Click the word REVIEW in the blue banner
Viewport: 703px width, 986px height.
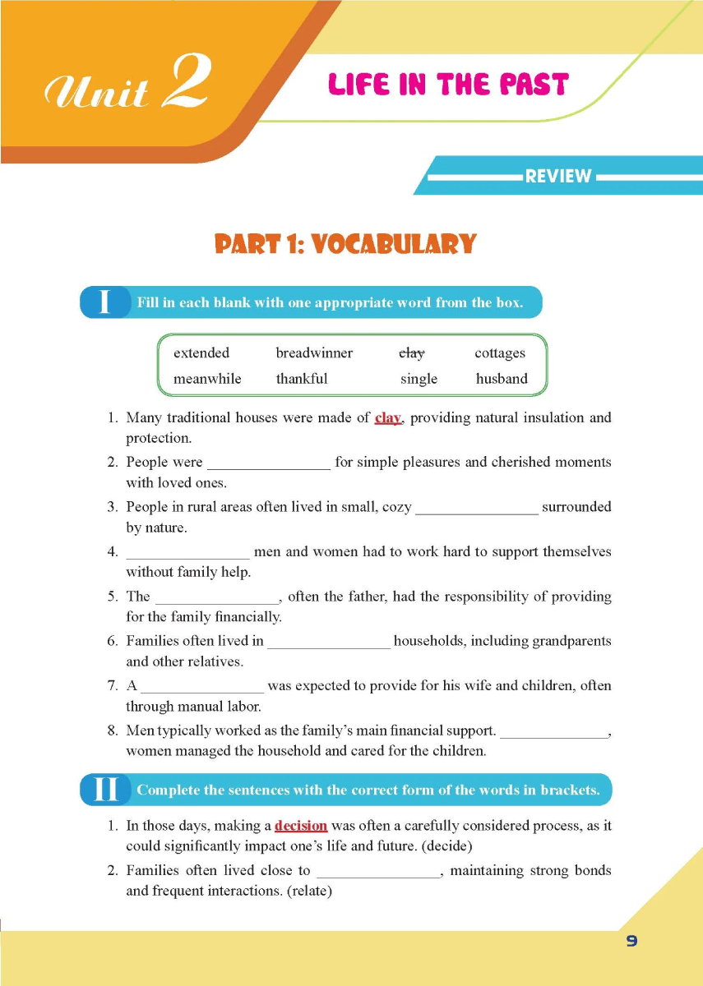[558, 176]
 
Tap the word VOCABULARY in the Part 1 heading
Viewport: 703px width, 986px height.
[409, 244]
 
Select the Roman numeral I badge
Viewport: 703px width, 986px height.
[104, 302]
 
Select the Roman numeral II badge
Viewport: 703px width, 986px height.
[106, 790]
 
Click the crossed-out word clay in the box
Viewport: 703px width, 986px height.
[411, 353]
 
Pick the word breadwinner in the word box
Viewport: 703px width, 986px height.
[314, 353]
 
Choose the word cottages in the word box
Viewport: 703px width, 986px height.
[500, 353]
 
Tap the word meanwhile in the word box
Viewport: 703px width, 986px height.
[207, 379]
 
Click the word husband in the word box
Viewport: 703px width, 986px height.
[502, 379]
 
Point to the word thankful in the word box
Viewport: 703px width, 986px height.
[302, 379]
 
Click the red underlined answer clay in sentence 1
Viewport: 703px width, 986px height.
[387, 417]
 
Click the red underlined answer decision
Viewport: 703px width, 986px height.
[301, 826]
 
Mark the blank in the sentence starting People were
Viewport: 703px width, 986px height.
[269, 463]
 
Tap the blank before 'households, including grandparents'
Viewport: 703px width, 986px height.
[329, 642]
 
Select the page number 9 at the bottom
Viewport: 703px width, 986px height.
[631, 942]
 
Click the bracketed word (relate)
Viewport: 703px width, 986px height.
[309, 891]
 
